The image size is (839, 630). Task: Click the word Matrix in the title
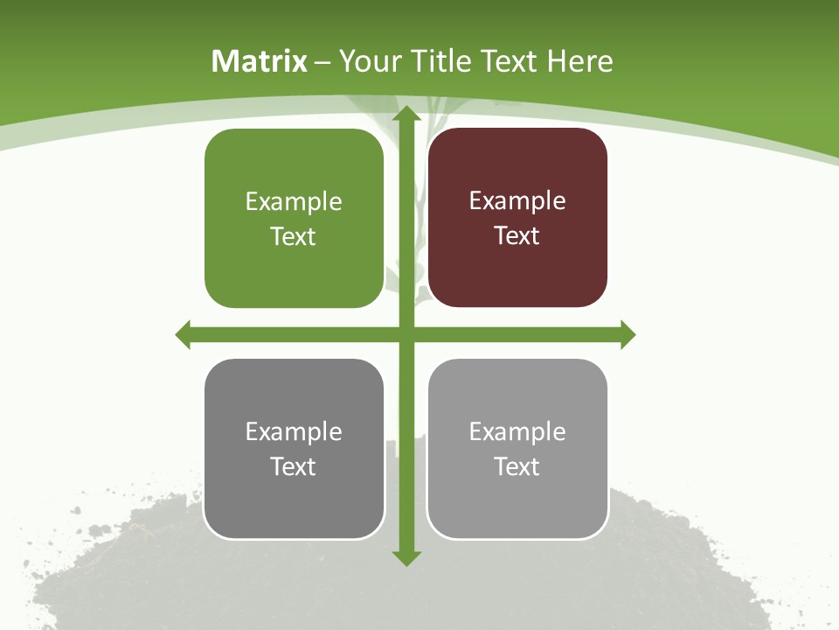[259, 61]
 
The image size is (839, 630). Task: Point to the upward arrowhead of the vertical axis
[406, 115]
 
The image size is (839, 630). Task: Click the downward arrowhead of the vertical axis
[406, 557]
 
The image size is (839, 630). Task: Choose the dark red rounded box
[517, 271]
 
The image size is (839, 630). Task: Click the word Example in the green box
[294, 202]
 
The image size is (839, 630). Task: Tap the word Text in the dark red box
[517, 236]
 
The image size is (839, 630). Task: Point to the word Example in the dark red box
[517, 201]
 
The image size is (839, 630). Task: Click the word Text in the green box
[294, 237]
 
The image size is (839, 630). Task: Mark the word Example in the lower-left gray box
[294, 432]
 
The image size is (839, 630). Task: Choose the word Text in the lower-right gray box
[517, 467]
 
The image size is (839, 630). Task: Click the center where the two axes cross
[406, 334]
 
